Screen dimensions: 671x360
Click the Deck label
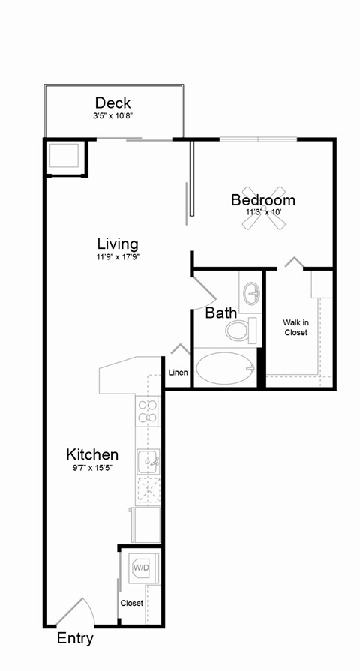(x=112, y=103)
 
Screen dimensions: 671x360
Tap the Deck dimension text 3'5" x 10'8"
(x=112, y=116)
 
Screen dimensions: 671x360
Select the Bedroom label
(x=262, y=200)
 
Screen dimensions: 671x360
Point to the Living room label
(x=118, y=244)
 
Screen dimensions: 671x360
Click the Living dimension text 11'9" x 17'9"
(x=118, y=257)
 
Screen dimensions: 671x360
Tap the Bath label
(x=220, y=313)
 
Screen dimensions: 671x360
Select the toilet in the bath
(x=242, y=330)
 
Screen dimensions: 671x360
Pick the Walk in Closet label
(x=295, y=328)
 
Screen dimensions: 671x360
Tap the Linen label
(x=178, y=373)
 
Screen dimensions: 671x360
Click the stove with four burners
(x=148, y=412)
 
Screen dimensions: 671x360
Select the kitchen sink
(x=148, y=460)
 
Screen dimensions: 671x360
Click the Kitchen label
(x=92, y=454)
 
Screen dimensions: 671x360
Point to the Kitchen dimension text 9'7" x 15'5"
(x=92, y=468)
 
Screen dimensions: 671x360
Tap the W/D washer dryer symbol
(x=141, y=568)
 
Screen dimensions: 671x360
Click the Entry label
(x=76, y=639)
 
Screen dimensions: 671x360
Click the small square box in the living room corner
(x=64, y=156)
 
